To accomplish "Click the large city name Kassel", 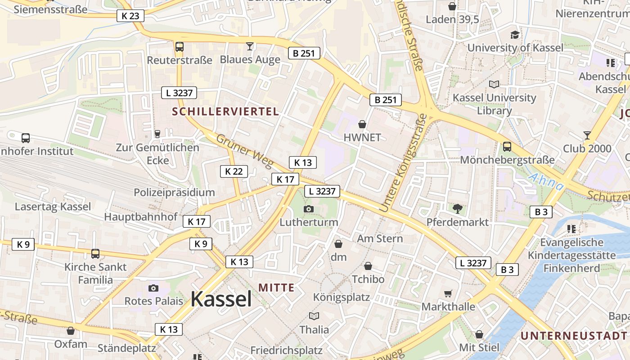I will point(221,299).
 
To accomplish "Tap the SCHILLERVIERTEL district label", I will point(226,112).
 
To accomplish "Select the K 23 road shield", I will point(130,16).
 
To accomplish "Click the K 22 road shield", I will point(234,171).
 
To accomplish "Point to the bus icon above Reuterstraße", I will point(179,46).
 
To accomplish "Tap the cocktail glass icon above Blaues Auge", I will point(250,46).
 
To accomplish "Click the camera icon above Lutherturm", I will point(309,209).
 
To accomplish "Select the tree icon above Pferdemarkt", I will point(458,208).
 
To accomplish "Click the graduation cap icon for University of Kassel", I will point(515,35).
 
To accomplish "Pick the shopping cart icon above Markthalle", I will point(448,293).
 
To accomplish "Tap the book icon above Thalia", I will point(314,316).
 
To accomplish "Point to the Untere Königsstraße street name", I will point(403,163).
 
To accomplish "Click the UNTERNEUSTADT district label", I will point(573,336).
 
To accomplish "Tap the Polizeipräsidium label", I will point(174,193).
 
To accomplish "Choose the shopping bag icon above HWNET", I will point(362,124).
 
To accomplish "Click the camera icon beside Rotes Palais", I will point(153,288).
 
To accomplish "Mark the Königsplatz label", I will point(341,297).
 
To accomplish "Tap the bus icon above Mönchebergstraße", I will point(507,146).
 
